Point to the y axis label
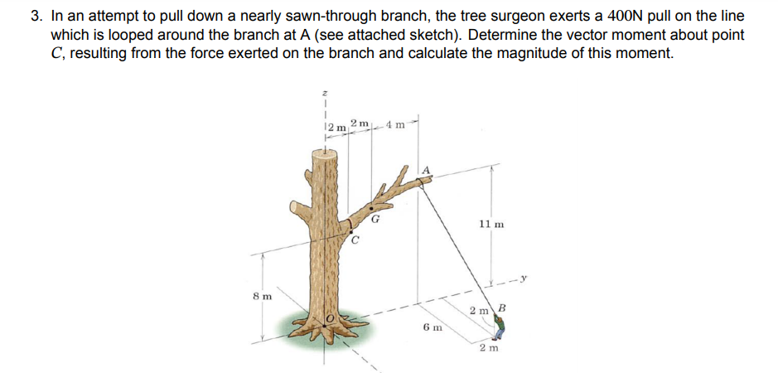pyautogui.click(x=525, y=277)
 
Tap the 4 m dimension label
pyautogui.click(x=394, y=126)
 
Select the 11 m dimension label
pyautogui.click(x=491, y=224)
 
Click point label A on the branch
pyautogui.click(x=427, y=170)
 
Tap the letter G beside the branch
pyautogui.click(x=375, y=220)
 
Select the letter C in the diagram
pyautogui.click(x=355, y=241)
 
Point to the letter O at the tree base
pyautogui.click(x=329, y=318)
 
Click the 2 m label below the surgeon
pyautogui.click(x=489, y=349)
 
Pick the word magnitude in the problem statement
pyautogui.click(x=515, y=53)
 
